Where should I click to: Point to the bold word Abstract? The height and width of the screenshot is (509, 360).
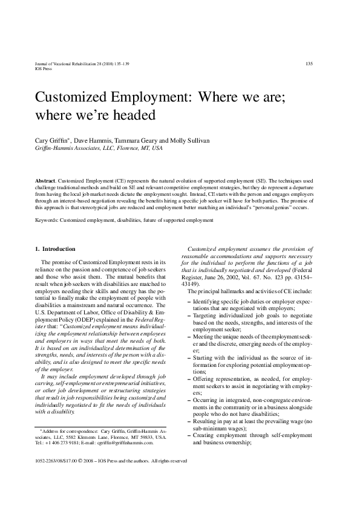45,181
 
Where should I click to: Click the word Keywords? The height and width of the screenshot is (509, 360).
48,221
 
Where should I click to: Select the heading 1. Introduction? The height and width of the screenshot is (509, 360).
55,249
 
